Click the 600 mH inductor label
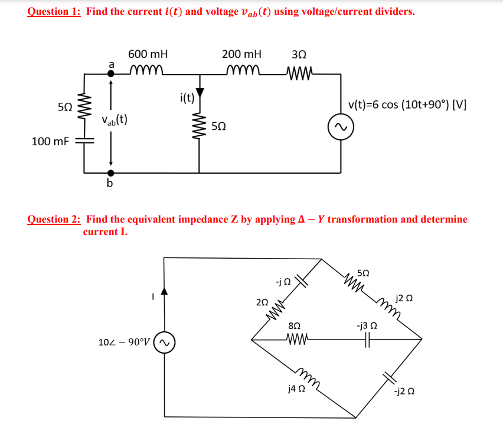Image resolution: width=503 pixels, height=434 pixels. [148, 54]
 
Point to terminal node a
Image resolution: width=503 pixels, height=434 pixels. [110, 74]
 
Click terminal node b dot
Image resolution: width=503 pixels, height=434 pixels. [110, 173]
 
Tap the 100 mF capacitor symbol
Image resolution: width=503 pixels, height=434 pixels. [84, 142]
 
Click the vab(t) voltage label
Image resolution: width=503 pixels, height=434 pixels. [115, 120]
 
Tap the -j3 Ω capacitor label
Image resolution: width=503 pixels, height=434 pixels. [366, 325]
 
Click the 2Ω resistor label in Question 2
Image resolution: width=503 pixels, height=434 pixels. [262, 302]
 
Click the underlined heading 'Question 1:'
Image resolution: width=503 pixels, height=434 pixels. [54, 12]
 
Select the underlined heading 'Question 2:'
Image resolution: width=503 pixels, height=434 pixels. [54, 219]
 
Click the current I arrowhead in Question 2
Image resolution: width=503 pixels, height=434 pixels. [165, 290]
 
